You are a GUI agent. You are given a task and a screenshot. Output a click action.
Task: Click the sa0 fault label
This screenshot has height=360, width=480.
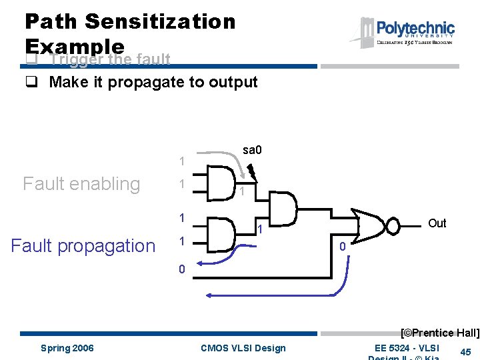252,150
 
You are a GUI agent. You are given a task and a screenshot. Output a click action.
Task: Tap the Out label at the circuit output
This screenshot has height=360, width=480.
437,223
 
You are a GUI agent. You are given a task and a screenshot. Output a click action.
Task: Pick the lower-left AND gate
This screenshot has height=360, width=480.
221,233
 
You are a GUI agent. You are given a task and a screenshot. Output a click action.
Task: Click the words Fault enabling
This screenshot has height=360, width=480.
81,183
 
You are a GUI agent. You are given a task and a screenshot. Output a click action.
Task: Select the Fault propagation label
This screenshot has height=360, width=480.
83,245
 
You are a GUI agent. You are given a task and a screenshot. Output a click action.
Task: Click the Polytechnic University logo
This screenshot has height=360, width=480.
407,31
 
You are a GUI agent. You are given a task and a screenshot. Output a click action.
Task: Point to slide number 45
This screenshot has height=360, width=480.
466,352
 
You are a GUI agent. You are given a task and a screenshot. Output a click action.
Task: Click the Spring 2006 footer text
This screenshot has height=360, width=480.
67,348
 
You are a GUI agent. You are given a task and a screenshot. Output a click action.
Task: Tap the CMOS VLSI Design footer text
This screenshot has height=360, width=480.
243,348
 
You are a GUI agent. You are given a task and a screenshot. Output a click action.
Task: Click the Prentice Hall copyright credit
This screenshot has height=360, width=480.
439,333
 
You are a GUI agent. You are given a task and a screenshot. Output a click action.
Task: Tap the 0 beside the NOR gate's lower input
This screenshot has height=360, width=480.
342,247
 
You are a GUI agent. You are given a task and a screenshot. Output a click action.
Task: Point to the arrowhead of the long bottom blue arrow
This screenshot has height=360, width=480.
209,295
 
